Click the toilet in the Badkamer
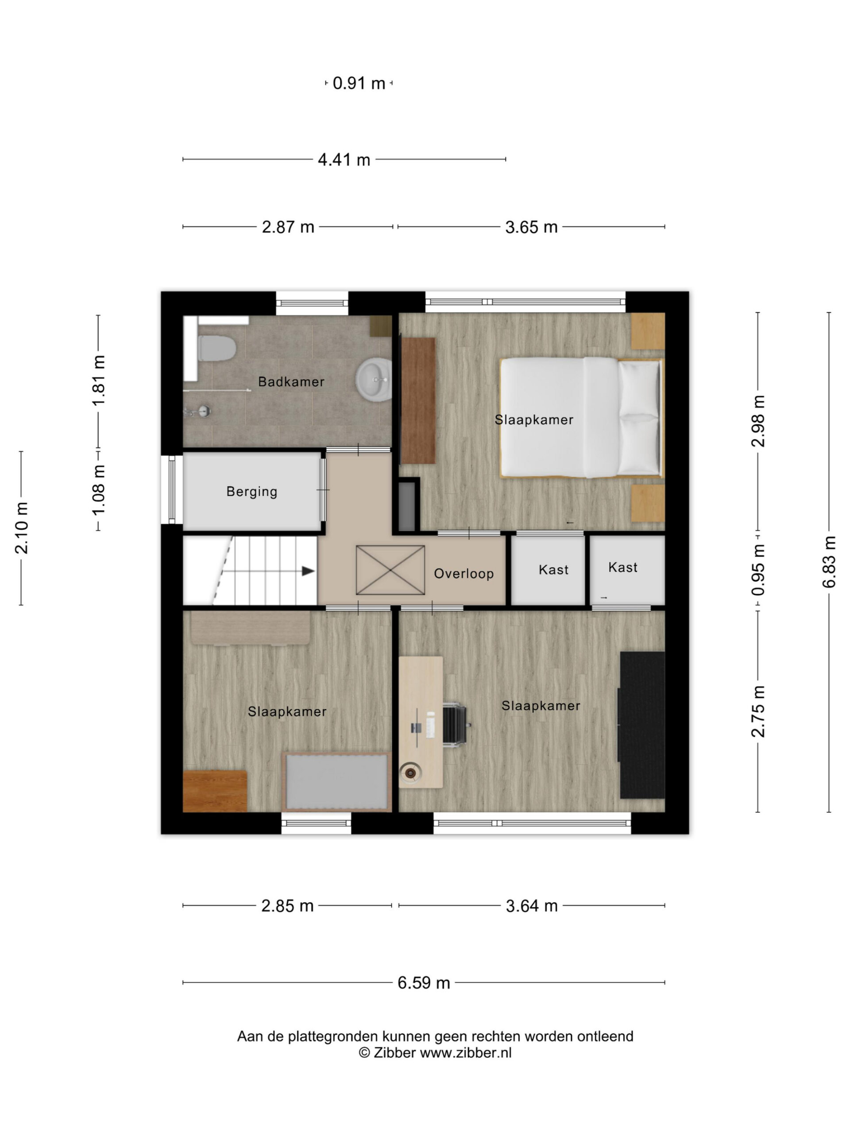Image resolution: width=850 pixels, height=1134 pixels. pyautogui.click(x=216, y=348)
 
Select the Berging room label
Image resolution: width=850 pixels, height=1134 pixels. pyautogui.click(x=251, y=492)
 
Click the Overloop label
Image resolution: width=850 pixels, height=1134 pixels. pyautogui.click(x=464, y=573)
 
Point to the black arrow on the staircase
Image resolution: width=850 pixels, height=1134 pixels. pyautogui.click(x=308, y=571)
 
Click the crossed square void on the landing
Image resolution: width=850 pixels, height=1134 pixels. pyautogui.click(x=390, y=570)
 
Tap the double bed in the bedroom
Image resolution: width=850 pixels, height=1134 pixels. pyautogui.click(x=580, y=417)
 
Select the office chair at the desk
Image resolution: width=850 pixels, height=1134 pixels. pyautogui.click(x=455, y=724)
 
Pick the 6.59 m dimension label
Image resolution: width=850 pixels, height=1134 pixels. pyautogui.click(x=424, y=983)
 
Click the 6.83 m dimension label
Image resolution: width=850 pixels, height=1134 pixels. pyautogui.click(x=830, y=562)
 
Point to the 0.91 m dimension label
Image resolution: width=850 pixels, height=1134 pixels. pyautogui.click(x=359, y=83)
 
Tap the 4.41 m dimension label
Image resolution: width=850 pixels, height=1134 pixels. pyautogui.click(x=344, y=160)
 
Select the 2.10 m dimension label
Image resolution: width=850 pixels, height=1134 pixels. pyautogui.click(x=22, y=528)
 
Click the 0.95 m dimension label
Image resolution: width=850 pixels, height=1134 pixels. pyautogui.click(x=758, y=570)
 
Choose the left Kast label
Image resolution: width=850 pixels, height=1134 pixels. pyautogui.click(x=553, y=570)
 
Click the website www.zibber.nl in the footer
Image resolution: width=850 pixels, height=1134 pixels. pyautogui.click(x=466, y=1053)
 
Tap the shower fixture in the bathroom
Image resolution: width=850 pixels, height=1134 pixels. pyautogui.click(x=198, y=411)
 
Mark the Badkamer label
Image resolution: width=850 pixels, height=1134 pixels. pyautogui.click(x=291, y=382)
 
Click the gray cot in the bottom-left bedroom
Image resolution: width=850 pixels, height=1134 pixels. pyautogui.click(x=336, y=782)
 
